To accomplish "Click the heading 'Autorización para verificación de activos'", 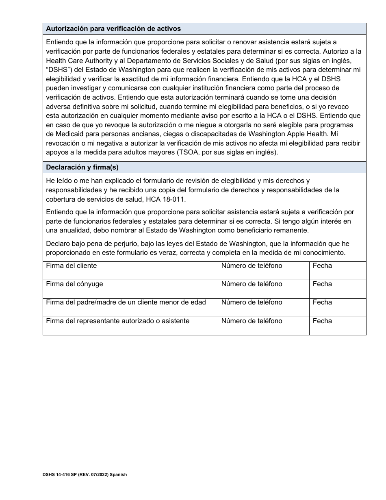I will pyautogui.click(x=113, y=29).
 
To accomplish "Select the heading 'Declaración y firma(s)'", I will pyautogui.click(x=82, y=167).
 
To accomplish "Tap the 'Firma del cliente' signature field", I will pyautogui.click(x=130, y=271).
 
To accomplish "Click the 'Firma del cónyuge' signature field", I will pyautogui.click(x=130, y=289).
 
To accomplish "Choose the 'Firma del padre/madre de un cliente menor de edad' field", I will pyautogui.click(x=130, y=307).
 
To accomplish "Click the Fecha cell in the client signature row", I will pyautogui.click(x=337, y=271).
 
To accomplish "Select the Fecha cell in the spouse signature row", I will pyautogui.click(x=337, y=289).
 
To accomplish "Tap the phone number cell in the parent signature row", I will pyautogui.click(x=263, y=307).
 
